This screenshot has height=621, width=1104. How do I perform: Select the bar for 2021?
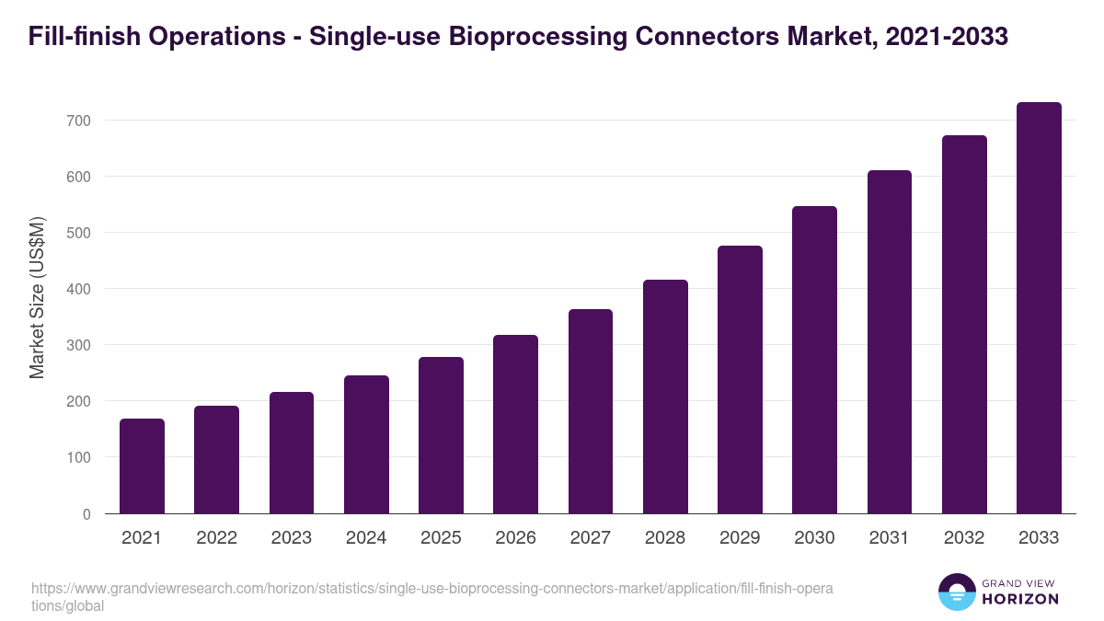pos(142,466)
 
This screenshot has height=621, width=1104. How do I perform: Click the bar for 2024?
pos(366,444)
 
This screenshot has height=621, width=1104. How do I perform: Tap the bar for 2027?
pos(591,411)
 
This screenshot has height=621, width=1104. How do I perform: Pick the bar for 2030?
pos(814,360)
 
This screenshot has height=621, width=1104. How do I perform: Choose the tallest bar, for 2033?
pos(1039,308)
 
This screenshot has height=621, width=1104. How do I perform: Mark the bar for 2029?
pos(740,379)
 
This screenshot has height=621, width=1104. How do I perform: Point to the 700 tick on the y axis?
pos(77,121)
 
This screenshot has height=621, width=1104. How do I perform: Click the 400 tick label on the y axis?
pos(77,289)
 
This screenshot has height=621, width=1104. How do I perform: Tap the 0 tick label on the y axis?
pos(86,514)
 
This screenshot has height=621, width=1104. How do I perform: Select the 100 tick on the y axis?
pos(77,457)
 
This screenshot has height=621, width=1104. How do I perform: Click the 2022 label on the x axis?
pos(216,538)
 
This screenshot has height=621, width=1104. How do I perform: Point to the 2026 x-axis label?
pos(515,538)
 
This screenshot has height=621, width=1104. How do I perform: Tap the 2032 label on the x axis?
pos(964,538)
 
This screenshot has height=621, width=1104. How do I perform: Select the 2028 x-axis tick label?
pos(665,538)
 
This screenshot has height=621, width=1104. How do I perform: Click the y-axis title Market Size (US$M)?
pos(37,296)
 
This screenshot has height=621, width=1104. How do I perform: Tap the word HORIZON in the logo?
pos(1020,599)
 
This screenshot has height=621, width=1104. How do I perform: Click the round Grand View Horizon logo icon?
pos(957,592)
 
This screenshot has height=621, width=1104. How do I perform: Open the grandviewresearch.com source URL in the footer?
pos(432,589)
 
